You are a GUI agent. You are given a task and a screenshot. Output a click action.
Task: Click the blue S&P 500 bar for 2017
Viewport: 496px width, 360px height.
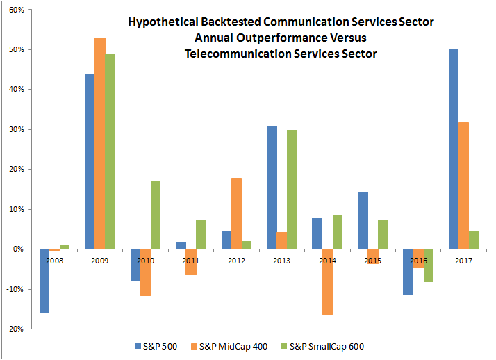(x=454, y=149)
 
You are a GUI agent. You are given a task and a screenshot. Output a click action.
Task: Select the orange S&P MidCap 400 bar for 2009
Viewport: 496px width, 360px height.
(x=100, y=143)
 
